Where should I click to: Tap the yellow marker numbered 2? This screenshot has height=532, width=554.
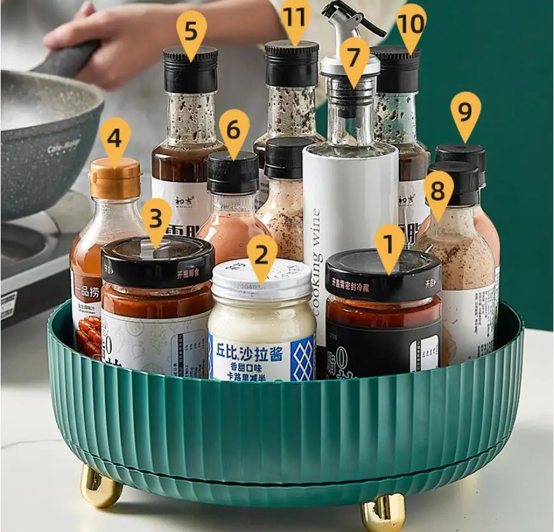[x=261, y=256]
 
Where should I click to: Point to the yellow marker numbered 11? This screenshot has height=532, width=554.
[x=294, y=18]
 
